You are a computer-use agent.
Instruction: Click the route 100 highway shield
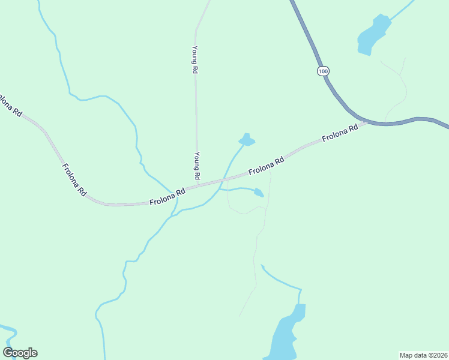point(324,71)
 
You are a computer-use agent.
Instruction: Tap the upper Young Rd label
point(194,59)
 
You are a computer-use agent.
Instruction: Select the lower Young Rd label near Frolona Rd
point(196,166)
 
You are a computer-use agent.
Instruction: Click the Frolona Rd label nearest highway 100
point(340,132)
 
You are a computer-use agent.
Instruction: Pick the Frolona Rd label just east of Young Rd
point(266,166)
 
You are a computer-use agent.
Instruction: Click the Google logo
point(20,353)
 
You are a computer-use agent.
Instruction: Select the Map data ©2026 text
point(423,355)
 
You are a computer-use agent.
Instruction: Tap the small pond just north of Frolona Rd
point(247,140)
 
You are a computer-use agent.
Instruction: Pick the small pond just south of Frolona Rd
point(259,193)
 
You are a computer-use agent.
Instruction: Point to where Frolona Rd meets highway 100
point(366,122)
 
